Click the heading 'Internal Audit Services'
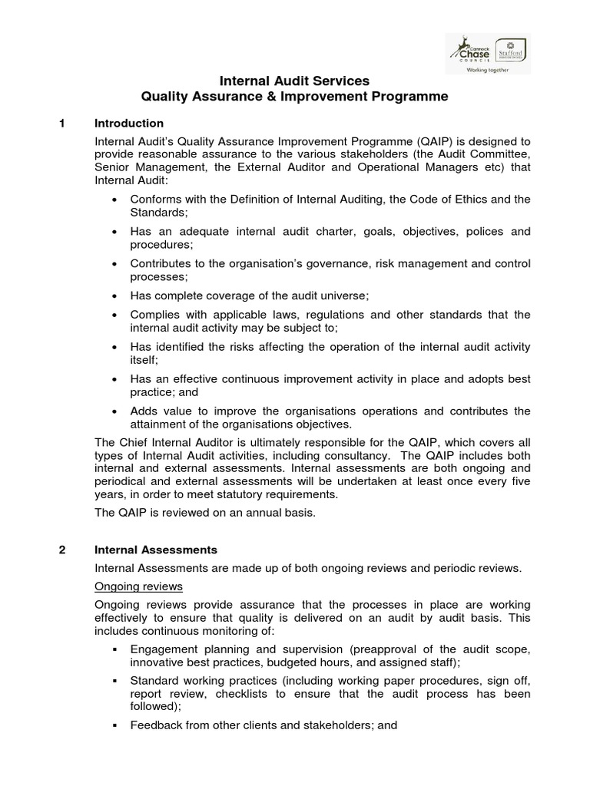(x=295, y=81)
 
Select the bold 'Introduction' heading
(x=128, y=124)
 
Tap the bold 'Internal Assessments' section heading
(x=156, y=550)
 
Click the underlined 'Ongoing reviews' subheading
(x=138, y=586)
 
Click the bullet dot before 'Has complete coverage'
(x=114, y=296)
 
